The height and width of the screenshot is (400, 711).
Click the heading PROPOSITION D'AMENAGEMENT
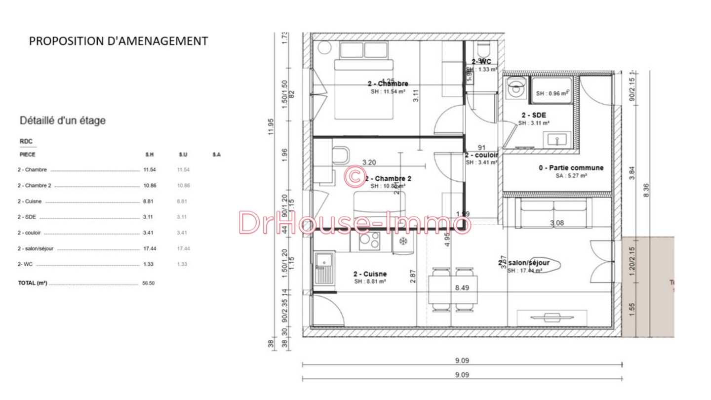118,41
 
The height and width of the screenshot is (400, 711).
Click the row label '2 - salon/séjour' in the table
35,248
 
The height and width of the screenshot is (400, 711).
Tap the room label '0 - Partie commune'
571,168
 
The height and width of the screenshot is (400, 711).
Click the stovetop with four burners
365,240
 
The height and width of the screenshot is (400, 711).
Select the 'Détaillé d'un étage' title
62,120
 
